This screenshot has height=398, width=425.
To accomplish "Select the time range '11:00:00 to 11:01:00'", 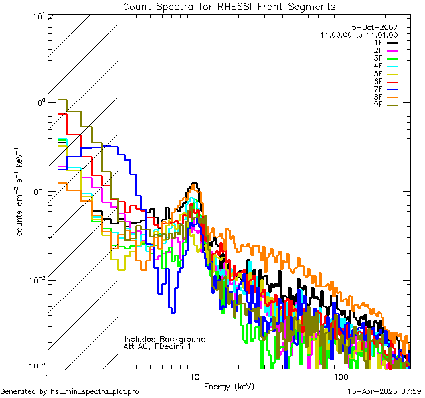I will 359,34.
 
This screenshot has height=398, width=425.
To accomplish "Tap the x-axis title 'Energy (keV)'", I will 228,387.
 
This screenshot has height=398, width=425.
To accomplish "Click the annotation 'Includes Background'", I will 165,339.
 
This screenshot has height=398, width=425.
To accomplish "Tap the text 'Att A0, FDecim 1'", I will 157,346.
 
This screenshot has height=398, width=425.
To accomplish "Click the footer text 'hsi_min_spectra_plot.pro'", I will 95,391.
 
